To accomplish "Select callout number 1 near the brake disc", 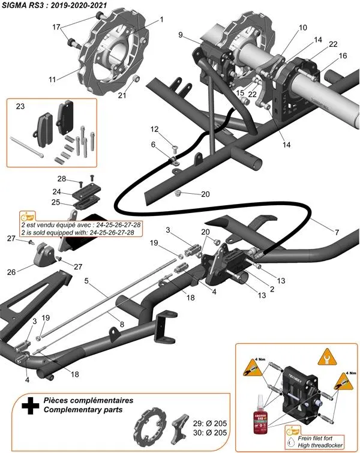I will (161, 20).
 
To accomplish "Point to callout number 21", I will (122, 94).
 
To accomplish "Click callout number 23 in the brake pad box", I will (20, 107).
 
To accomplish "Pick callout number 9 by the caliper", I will (181, 35).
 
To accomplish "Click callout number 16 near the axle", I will (343, 56).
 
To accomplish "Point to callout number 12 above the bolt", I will (154, 130).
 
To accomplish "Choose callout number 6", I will (153, 145).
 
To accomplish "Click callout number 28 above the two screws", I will (62, 179).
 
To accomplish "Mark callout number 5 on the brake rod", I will (88, 281).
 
